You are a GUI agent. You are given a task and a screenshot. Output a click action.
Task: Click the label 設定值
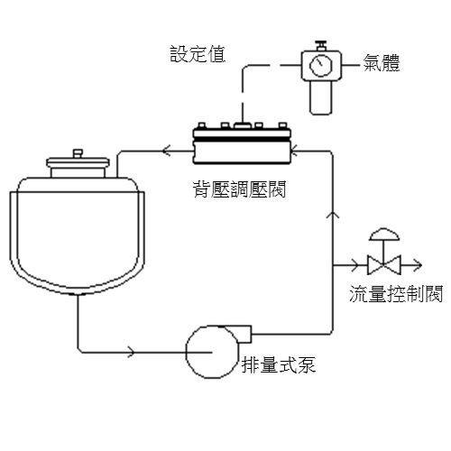point(198,54)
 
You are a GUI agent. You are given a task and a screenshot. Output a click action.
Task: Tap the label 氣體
point(382,63)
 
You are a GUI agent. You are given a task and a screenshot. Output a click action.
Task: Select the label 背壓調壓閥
point(239,189)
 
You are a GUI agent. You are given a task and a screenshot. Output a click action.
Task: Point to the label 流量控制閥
point(396,293)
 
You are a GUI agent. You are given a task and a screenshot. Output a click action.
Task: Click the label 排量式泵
point(279,365)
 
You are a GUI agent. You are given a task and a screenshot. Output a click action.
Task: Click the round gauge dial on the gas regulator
point(321,65)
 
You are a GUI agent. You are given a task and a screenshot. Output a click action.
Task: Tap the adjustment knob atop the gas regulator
point(321,46)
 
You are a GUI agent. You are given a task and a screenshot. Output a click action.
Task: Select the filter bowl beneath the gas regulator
point(321,97)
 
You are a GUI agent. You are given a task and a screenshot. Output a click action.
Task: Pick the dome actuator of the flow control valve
point(384,235)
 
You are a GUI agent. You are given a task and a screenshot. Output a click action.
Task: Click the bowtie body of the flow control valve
point(384,265)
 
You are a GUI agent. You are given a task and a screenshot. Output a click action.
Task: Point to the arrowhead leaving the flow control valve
point(418,265)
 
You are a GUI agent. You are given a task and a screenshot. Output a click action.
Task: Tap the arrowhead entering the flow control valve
point(355,265)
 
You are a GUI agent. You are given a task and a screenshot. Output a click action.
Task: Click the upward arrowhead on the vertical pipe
point(333,214)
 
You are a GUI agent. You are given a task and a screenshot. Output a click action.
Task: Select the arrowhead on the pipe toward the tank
point(167,150)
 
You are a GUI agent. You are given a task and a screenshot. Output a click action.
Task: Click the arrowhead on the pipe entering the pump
point(131,352)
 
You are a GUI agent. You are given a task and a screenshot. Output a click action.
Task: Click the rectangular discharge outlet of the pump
point(244,334)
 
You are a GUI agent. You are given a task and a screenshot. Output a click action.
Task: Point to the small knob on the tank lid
point(78,153)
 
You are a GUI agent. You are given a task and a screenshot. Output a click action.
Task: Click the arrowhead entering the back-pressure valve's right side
point(294,150)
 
